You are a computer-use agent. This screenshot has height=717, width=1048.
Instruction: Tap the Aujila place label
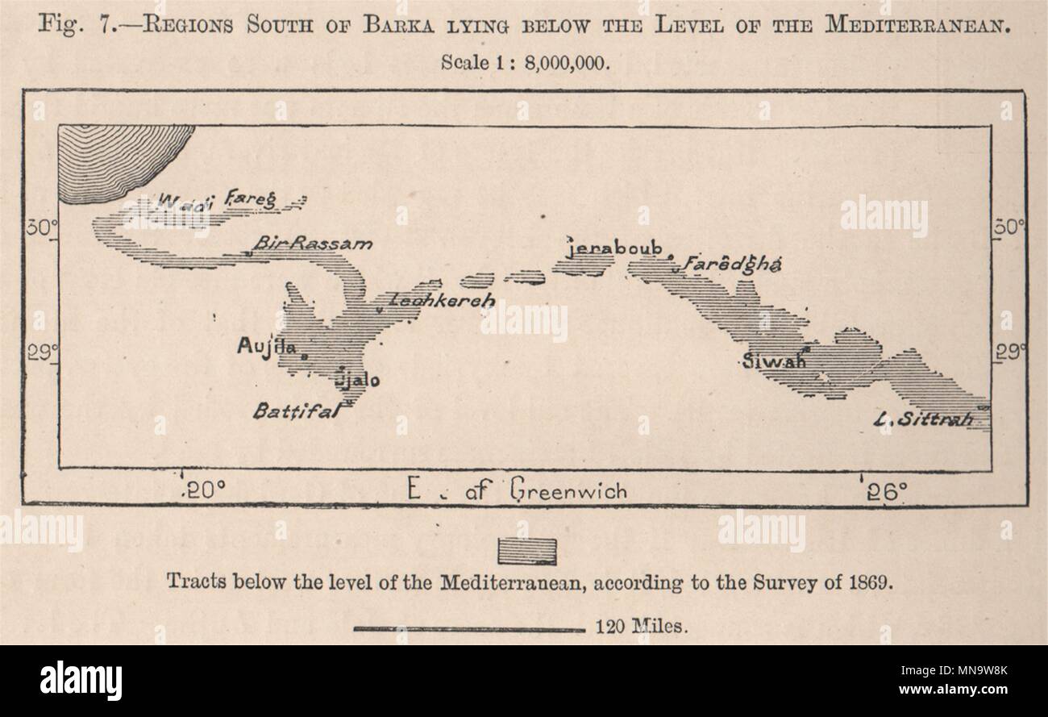[x=262, y=345]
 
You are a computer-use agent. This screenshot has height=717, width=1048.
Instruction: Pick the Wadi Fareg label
[x=218, y=199]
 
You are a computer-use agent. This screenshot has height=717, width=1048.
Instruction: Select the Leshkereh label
[x=430, y=300]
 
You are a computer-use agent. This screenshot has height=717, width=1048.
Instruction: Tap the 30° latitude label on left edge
[x=39, y=228]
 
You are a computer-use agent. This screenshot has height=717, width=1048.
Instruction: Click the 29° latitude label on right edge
[x=1008, y=352]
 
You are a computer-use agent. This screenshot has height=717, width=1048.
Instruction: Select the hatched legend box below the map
[x=528, y=552]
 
